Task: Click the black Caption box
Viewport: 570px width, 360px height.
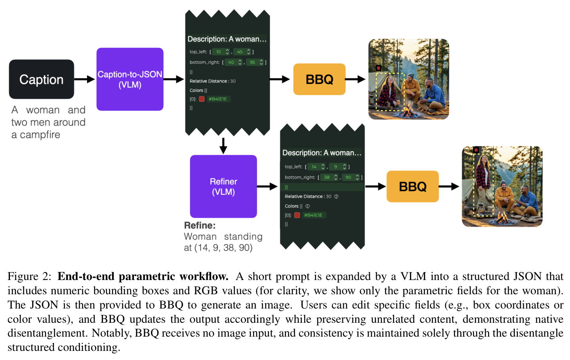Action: tap(42, 79)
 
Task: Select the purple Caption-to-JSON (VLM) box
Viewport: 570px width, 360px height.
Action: tap(130, 79)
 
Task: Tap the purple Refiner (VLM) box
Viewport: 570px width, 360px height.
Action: tap(223, 186)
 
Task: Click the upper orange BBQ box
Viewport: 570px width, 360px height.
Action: tap(319, 79)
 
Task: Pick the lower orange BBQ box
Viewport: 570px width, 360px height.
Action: tap(412, 187)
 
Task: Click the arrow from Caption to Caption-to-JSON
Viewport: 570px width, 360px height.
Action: tap(85, 79)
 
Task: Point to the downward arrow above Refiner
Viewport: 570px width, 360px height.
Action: tap(223, 146)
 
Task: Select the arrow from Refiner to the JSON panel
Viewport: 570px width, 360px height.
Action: tap(267, 187)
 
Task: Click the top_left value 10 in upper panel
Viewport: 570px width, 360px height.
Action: tap(218, 52)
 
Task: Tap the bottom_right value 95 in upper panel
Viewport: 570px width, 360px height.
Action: tap(252, 62)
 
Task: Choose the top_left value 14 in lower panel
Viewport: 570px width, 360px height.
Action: tap(314, 167)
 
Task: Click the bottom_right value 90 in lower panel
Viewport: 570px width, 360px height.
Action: tap(348, 177)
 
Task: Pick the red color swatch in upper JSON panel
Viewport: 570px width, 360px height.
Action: tap(202, 99)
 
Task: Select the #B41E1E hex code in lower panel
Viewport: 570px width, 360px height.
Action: tap(313, 215)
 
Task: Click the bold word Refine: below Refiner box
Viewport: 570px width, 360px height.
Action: tap(200, 225)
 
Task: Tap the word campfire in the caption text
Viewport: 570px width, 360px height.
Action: tap(40, 135)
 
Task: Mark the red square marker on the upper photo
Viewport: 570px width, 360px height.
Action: tap(378, 68)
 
